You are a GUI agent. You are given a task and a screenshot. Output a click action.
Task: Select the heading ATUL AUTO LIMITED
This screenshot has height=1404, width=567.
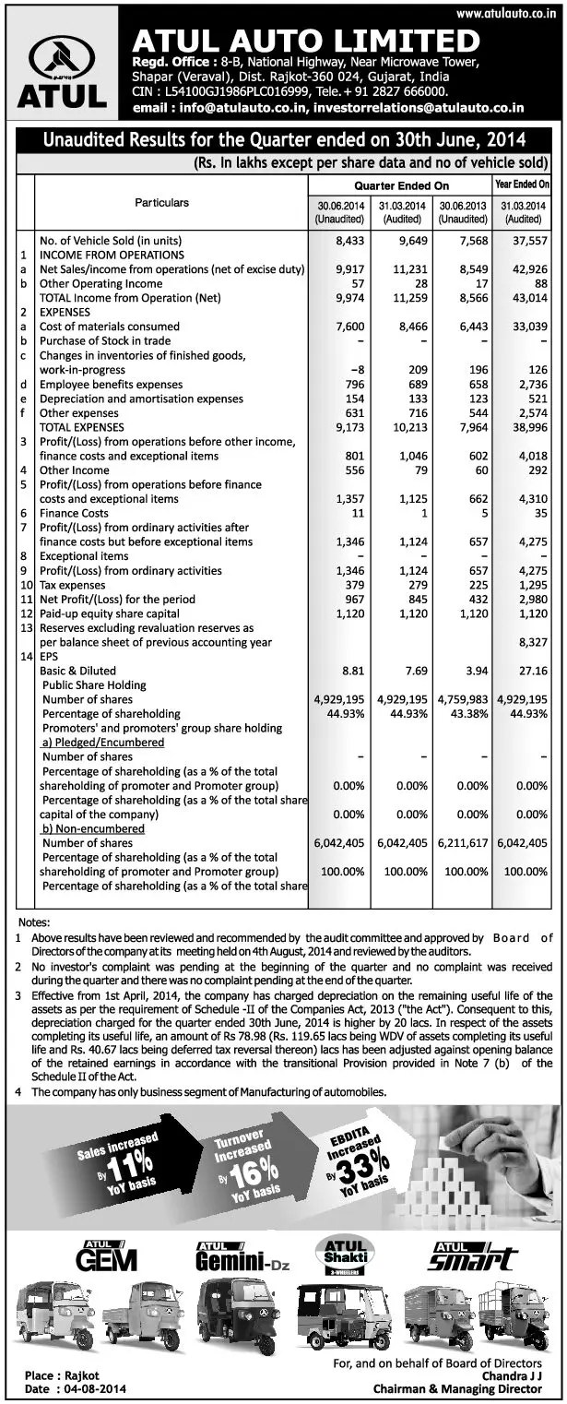(306, 42)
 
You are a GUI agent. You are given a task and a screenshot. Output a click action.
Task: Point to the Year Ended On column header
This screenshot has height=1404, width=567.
(522, 184)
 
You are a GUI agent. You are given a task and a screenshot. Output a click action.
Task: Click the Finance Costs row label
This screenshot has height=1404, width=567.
(74, 512)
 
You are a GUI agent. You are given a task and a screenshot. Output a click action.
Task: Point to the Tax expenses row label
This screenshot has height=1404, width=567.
(76, 585)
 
